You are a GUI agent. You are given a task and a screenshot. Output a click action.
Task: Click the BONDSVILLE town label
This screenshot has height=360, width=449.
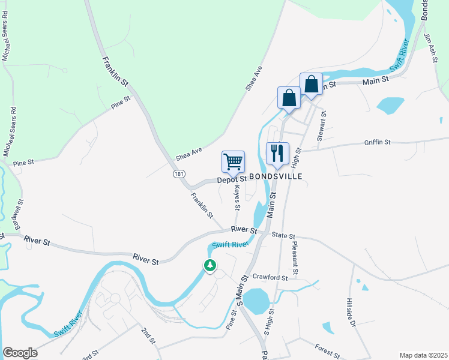[275, 177]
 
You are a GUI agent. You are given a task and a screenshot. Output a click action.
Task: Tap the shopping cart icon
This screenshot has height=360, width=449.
[233, 161]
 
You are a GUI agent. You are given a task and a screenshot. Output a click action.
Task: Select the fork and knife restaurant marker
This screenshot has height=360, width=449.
[277, 154]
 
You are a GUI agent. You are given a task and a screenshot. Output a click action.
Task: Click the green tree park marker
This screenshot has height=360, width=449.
[209, 265]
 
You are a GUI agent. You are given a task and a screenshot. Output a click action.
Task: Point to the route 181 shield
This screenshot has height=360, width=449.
[178, 173]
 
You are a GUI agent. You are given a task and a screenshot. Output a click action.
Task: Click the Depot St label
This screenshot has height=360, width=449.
[232, 179]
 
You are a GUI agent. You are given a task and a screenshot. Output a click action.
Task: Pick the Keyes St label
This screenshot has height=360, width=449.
[237, 197]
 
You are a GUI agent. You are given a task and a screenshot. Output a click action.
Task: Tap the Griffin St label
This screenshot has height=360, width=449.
[377, 142]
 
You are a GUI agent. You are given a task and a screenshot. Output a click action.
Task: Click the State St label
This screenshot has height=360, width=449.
[284, 236]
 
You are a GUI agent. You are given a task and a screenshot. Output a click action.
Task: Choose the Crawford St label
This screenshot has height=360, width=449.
[270, 278]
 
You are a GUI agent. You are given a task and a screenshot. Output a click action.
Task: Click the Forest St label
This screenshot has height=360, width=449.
[327, 351]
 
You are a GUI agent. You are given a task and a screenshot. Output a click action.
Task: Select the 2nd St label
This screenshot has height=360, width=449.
[148, 335]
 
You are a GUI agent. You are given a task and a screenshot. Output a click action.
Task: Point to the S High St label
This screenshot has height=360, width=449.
[269, 322]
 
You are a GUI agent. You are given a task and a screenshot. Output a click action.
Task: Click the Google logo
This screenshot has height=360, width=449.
[20, 353]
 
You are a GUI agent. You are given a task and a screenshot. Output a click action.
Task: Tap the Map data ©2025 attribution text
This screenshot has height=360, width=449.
[423, 355]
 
